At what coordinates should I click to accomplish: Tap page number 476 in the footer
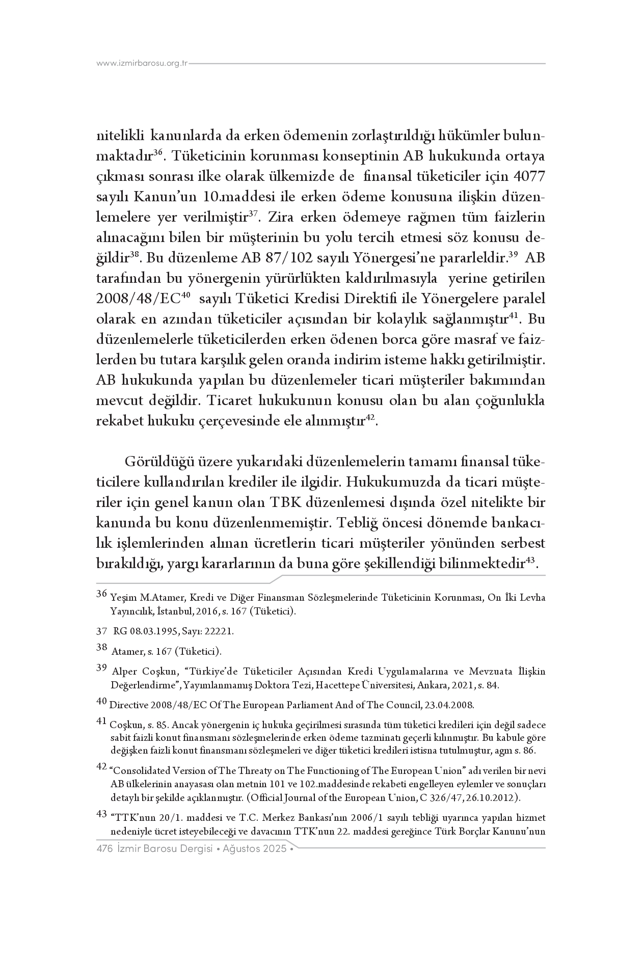pyautogui.click(x=104, y=849)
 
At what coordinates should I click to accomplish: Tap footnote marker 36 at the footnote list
pyautogui.click(x=101, y=594)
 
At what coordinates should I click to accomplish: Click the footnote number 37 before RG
pyautogui.click(x=101, y=631)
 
